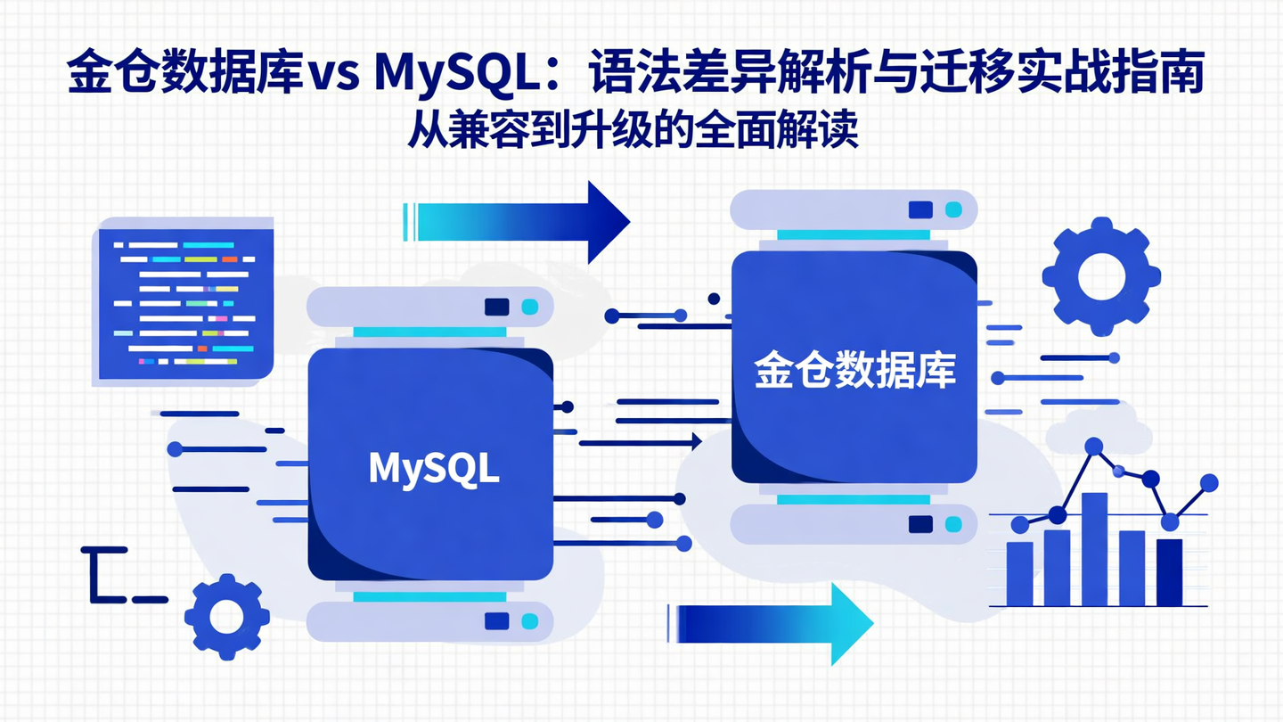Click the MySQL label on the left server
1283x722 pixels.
point(434,469)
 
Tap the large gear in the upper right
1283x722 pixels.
point(1101,277)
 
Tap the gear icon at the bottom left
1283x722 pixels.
point(226,616)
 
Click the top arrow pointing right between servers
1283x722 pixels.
point(517,222)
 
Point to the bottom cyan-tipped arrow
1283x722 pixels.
point(772,623)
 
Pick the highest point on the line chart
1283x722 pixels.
point(1093,446)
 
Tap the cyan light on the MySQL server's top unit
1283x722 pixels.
point(529,307)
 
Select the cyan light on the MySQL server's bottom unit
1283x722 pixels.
point(529,621)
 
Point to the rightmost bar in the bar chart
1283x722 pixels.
point(1169,571)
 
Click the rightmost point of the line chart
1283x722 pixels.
point(1209,483)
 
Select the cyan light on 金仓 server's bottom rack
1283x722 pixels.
point(953,524)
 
